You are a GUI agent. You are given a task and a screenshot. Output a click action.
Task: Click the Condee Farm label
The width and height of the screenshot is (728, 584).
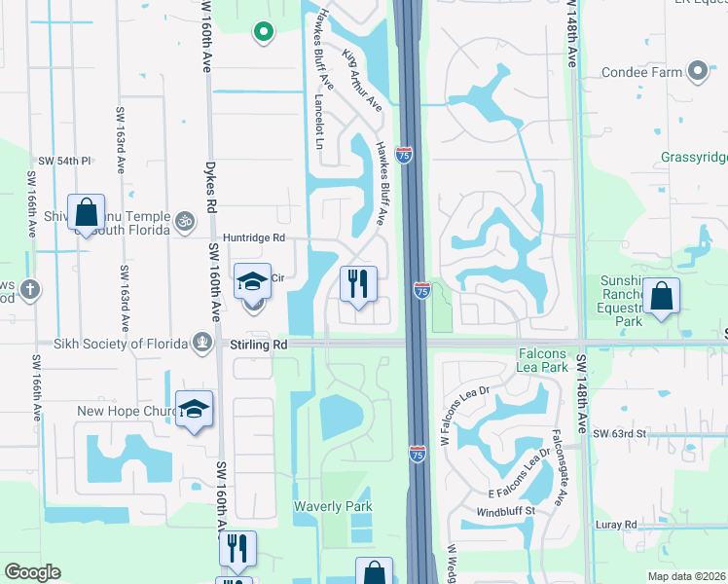pos(642,71)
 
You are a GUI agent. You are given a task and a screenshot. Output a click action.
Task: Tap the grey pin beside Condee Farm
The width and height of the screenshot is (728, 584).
pos(697,70)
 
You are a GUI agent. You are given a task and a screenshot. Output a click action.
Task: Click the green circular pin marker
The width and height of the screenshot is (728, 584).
pos(262,33)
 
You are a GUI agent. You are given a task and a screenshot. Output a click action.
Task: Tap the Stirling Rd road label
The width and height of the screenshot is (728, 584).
pos(259,345)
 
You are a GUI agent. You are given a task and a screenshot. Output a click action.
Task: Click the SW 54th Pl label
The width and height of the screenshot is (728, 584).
pos(64,161)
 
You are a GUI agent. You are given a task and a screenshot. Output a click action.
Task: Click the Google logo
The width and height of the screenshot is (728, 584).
pos(32,572)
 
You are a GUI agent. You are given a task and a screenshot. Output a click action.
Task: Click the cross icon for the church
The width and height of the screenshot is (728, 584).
pos(30,289)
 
